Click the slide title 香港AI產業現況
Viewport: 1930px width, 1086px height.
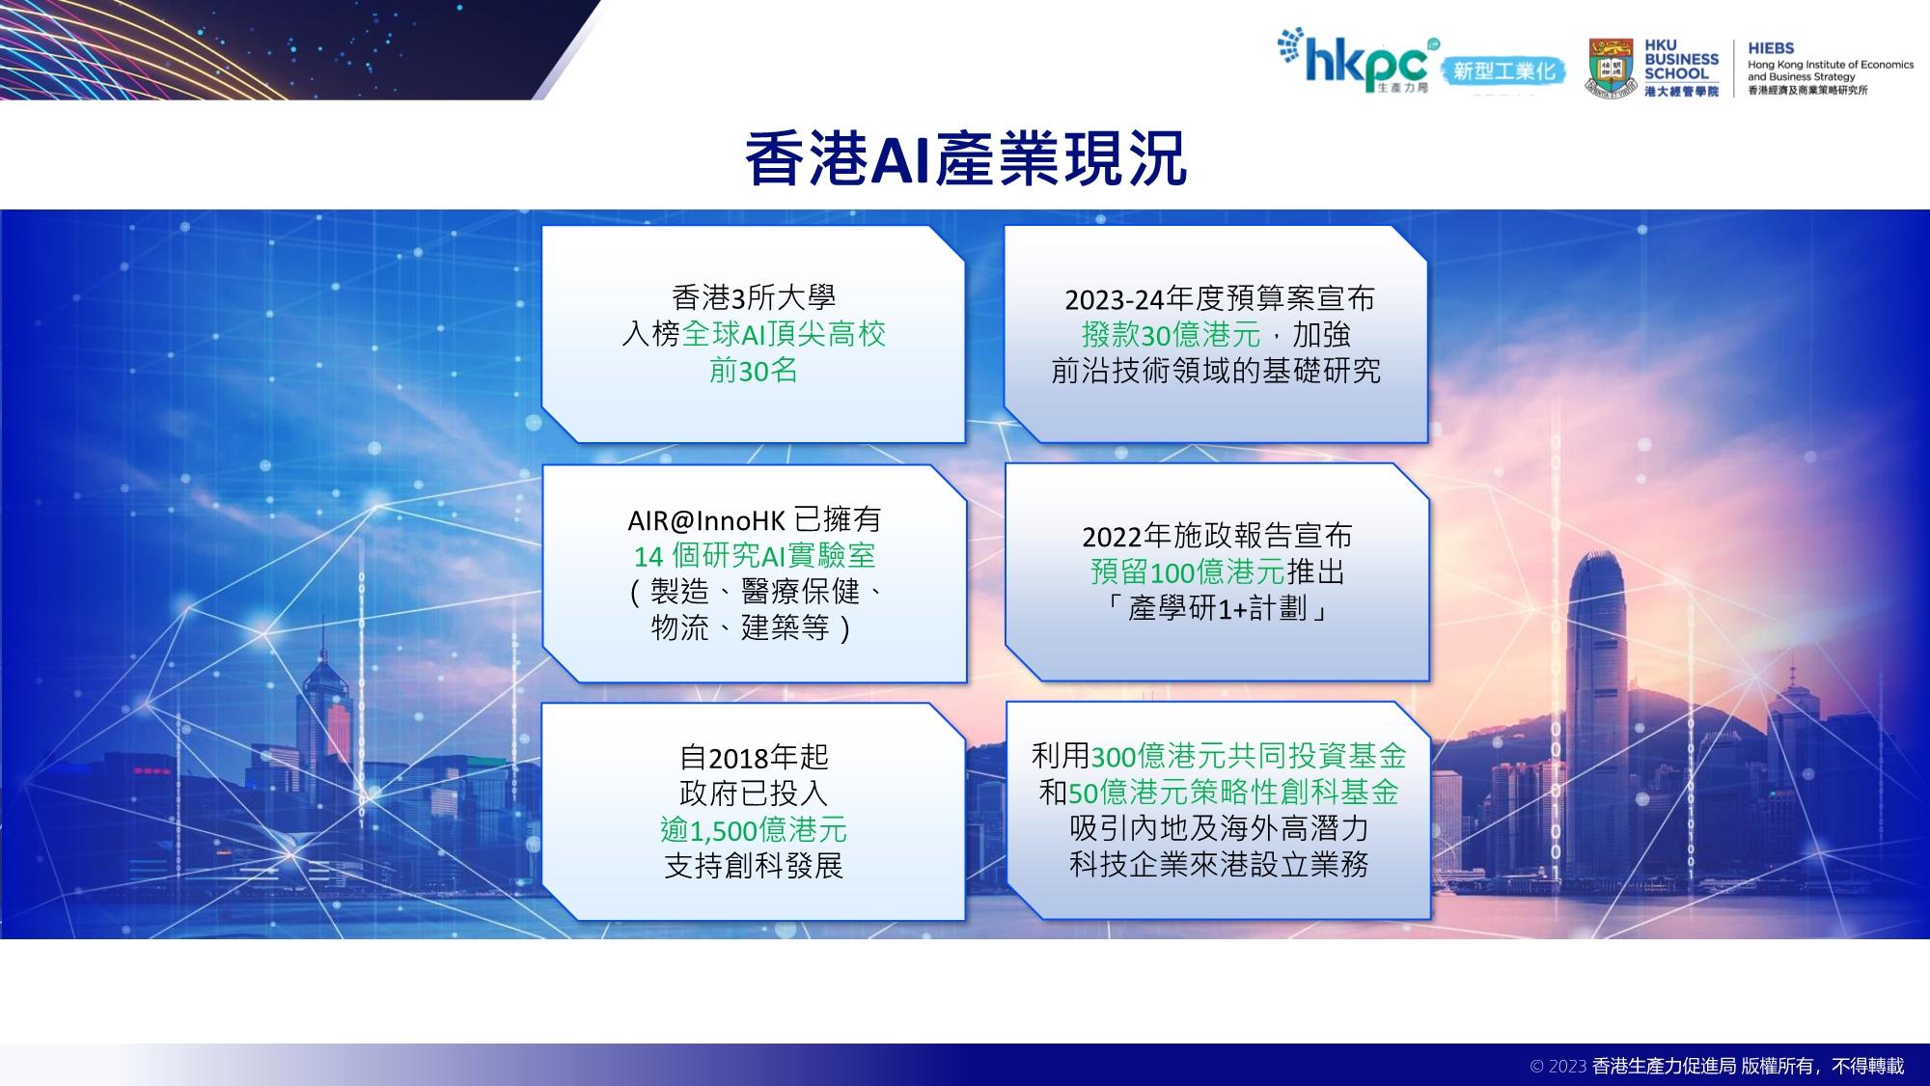[965, 158]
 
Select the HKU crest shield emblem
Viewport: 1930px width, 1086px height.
[1611, 68]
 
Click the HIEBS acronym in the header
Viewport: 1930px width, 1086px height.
[1771, 48]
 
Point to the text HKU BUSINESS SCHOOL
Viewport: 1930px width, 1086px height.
[1681, 59]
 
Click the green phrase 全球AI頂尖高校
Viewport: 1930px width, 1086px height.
[784, 334]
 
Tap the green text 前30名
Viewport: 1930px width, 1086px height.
[754, 371]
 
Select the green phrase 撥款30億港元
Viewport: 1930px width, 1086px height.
[1171, 335]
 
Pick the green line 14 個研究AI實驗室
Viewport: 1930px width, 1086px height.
[755, 556]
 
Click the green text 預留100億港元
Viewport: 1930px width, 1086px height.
[1188, 571]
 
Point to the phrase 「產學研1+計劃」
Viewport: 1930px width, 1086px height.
[1217, 608]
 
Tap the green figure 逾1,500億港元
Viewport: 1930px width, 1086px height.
[754, 829]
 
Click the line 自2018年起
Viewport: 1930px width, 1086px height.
[754, 757]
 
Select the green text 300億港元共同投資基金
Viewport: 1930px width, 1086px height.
[1249, 755]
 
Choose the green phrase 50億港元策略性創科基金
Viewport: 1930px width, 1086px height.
[1234, 792]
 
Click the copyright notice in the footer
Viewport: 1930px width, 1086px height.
[1718, 1066]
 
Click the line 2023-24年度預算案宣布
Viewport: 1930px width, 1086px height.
[1219, 298]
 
